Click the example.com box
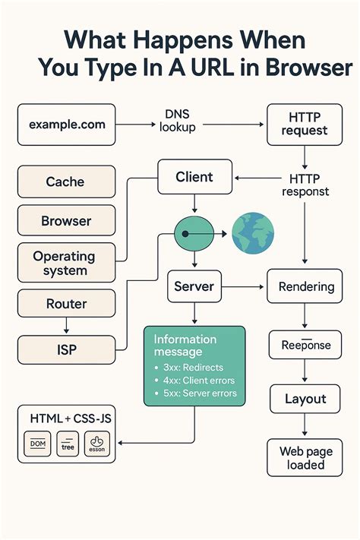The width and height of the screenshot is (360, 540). (67, 125)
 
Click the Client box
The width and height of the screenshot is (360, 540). (194, 177)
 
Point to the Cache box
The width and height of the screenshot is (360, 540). (66, 182)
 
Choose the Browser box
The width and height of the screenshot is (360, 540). (66, 221)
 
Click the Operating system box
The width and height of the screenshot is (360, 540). (66, 264)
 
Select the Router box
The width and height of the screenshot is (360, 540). (66, 304)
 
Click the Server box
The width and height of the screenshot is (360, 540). (194, 287)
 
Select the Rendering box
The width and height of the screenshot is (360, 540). (306, 287)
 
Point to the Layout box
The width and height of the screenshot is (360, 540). (305, 399)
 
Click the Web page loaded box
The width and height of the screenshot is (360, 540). (305, 458)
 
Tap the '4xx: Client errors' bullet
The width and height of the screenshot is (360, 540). (199, 380)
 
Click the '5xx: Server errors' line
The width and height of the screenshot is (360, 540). (199, 393)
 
